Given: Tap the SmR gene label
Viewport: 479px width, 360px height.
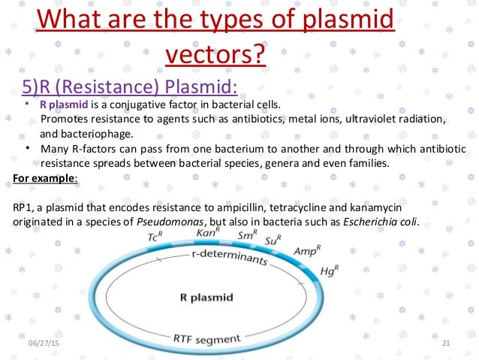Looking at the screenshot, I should pyautogui.click(x=248, y=235).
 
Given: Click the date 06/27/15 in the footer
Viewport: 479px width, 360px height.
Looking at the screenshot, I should pyautogui.click(x=44, y=343).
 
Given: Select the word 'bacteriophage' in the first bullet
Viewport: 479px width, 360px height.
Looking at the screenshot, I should pyautogui.click(x=96, y=134).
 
